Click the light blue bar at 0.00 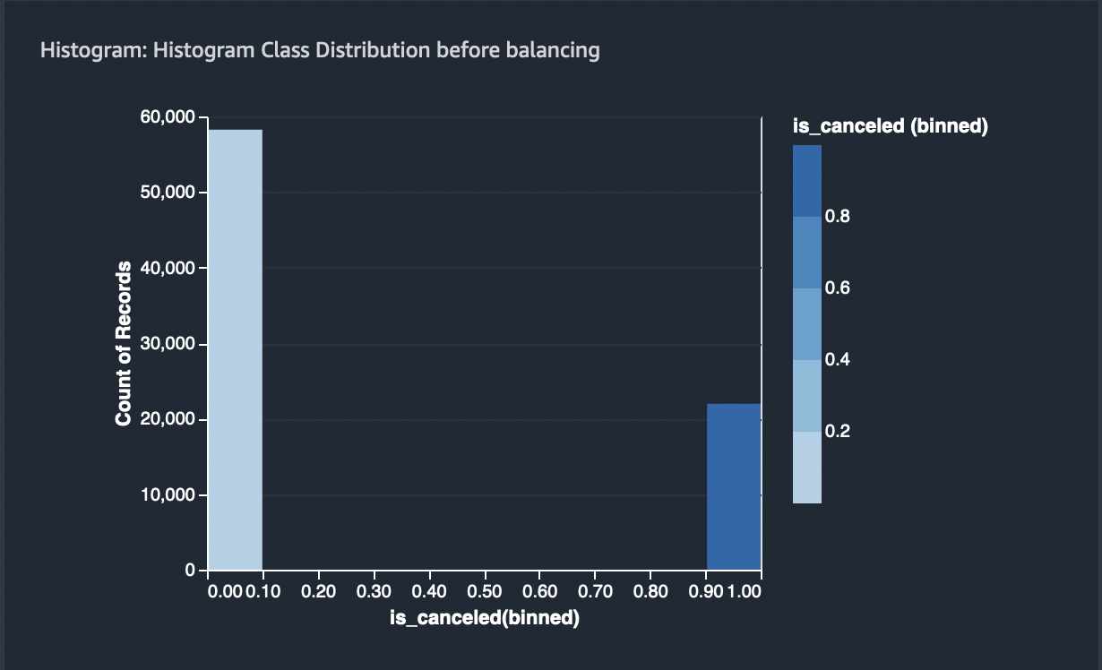pos(235,349)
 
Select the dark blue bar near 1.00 pos(734,486)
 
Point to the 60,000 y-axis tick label pos(169,117)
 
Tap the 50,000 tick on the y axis pos(169,193)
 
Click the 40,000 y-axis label pos(169,269)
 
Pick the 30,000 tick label pos(169,344)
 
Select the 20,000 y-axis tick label pos(169,419)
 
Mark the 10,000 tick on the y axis pos(169,495)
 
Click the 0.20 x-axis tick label pos(319,591)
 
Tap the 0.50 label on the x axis pos(485,591)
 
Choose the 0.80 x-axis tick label pos(650,591)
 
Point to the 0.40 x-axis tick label pos(429,591)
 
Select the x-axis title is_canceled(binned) pos(484,618)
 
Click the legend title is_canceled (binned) pos(890,127)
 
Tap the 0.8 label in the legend pos(838,217)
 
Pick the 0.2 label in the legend pos(838,432)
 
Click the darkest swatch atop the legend pos(806,180)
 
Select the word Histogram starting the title pos(92,50)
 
